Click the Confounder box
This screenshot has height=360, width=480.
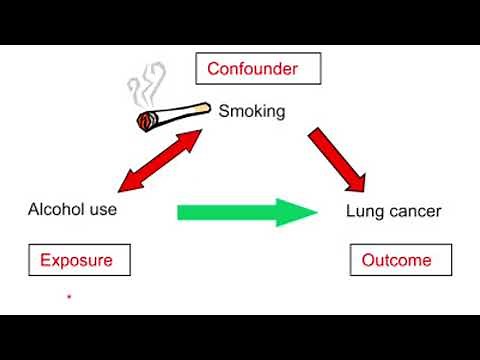coord(259,70)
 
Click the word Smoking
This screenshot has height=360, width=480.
coord(252,111)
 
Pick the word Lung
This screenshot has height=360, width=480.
coord(364,211)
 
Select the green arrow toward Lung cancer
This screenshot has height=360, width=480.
coord(246,212)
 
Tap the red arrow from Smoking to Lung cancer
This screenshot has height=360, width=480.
coord(338,157)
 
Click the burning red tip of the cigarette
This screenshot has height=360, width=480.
coord(147,122)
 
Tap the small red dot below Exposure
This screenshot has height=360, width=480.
coord(69,297)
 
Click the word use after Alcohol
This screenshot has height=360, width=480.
coord(102,209)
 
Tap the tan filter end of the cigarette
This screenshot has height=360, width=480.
coord(202,107)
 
